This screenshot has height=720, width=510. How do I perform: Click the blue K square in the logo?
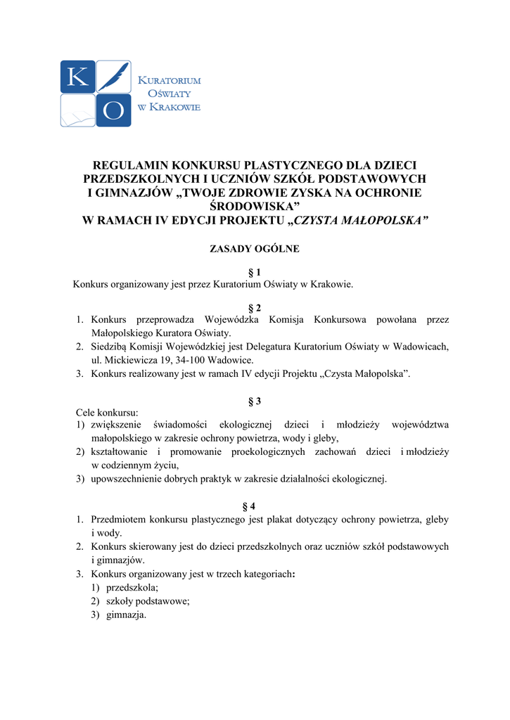tap(77, 77)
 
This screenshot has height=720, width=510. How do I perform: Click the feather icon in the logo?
tap(114, 77)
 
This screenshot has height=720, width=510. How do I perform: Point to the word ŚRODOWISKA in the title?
tap(255, 206)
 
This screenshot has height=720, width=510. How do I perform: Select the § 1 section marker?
tap(255, 272)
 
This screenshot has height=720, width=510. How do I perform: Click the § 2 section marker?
tap(255, 308)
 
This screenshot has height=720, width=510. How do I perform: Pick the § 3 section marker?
tap(255, 401)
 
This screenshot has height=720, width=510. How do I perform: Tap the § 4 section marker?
tap(255, 506)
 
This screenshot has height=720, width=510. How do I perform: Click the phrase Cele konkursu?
tap(107, 412)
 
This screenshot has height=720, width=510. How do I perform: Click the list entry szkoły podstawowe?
tap(148, 601)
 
